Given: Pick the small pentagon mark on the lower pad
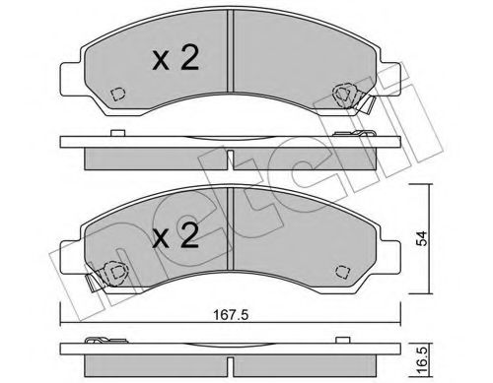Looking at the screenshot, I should pos(344,272).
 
